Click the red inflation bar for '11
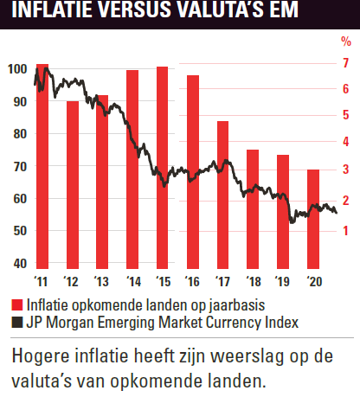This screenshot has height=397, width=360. click(42, 166)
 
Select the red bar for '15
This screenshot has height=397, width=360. click(163, 168)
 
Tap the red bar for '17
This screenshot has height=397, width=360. click(222, 195)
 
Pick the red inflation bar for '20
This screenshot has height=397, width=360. click(313, 219)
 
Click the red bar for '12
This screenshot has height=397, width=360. click(73, 185)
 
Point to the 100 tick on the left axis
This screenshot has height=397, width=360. click(17, 69)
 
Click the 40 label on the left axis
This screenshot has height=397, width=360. click(20, 264)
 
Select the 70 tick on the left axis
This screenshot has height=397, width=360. click(20, 167)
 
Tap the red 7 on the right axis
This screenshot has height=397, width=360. click(345, 63)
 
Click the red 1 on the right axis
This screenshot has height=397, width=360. click(345, 231)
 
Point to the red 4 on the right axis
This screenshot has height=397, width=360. click(345, 142)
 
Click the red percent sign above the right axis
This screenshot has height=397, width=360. click(346, 42)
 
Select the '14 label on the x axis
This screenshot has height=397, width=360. click(133, 281)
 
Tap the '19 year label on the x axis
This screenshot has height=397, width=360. click(282, 281)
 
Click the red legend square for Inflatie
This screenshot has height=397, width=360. click(17, 305)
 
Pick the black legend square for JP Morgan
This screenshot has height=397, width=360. click(17, 323)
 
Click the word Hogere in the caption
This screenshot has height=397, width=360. click(41, 356)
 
